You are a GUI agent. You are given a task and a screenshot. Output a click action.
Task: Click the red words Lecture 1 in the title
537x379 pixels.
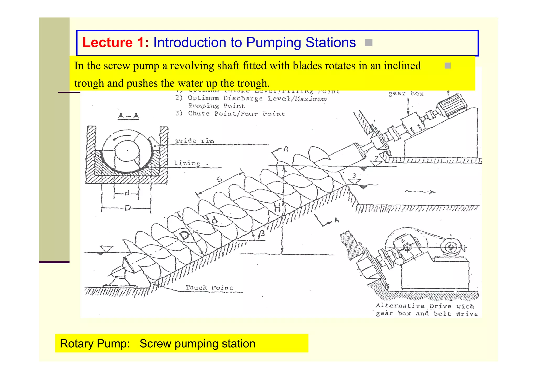(115, 43)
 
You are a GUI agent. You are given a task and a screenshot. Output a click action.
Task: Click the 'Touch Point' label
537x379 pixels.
(209, 288)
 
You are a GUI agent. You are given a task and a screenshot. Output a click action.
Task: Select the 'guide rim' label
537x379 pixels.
(194, 141)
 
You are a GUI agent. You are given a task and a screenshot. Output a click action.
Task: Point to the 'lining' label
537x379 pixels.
(187, 163)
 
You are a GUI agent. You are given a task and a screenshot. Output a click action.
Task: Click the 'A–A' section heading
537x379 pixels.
(128, 116)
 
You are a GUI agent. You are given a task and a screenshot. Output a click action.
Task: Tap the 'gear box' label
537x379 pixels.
(406, 94)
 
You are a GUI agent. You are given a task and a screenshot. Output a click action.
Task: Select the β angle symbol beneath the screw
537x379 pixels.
(261, 235)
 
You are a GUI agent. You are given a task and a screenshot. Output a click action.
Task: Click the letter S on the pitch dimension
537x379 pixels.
(219, 179)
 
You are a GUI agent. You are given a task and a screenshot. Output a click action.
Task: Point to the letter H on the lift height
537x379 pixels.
(277, 208)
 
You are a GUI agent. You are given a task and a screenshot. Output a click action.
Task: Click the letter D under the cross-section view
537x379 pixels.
(127, 208)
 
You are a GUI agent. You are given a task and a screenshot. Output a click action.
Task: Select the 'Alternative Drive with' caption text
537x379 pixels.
(425, 306)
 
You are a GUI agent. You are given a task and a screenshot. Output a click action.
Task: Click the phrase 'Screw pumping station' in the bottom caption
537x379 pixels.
(197, 344)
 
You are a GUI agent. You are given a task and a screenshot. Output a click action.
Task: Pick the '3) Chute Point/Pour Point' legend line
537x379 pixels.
(230, 114)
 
